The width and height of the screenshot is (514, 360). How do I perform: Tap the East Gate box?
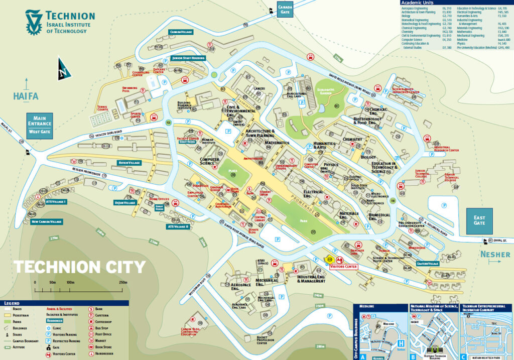pyautogui.click(x=479, y=220)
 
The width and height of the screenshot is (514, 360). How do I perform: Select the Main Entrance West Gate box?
pyautogui.click(x=40, y=124)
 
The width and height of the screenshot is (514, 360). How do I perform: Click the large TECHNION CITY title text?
pyautogui.click(x=79, y=267)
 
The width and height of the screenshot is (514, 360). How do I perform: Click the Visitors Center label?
pyautogui.click(x=344, y=267)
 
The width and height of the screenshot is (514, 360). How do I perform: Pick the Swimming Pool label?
pyautogui.click(x=129, y=89)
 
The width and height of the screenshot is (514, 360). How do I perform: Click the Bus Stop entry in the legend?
pyautogui.click(x=102, y=327)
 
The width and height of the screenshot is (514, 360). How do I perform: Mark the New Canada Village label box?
pyautogui.click(x=46, y=221)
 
